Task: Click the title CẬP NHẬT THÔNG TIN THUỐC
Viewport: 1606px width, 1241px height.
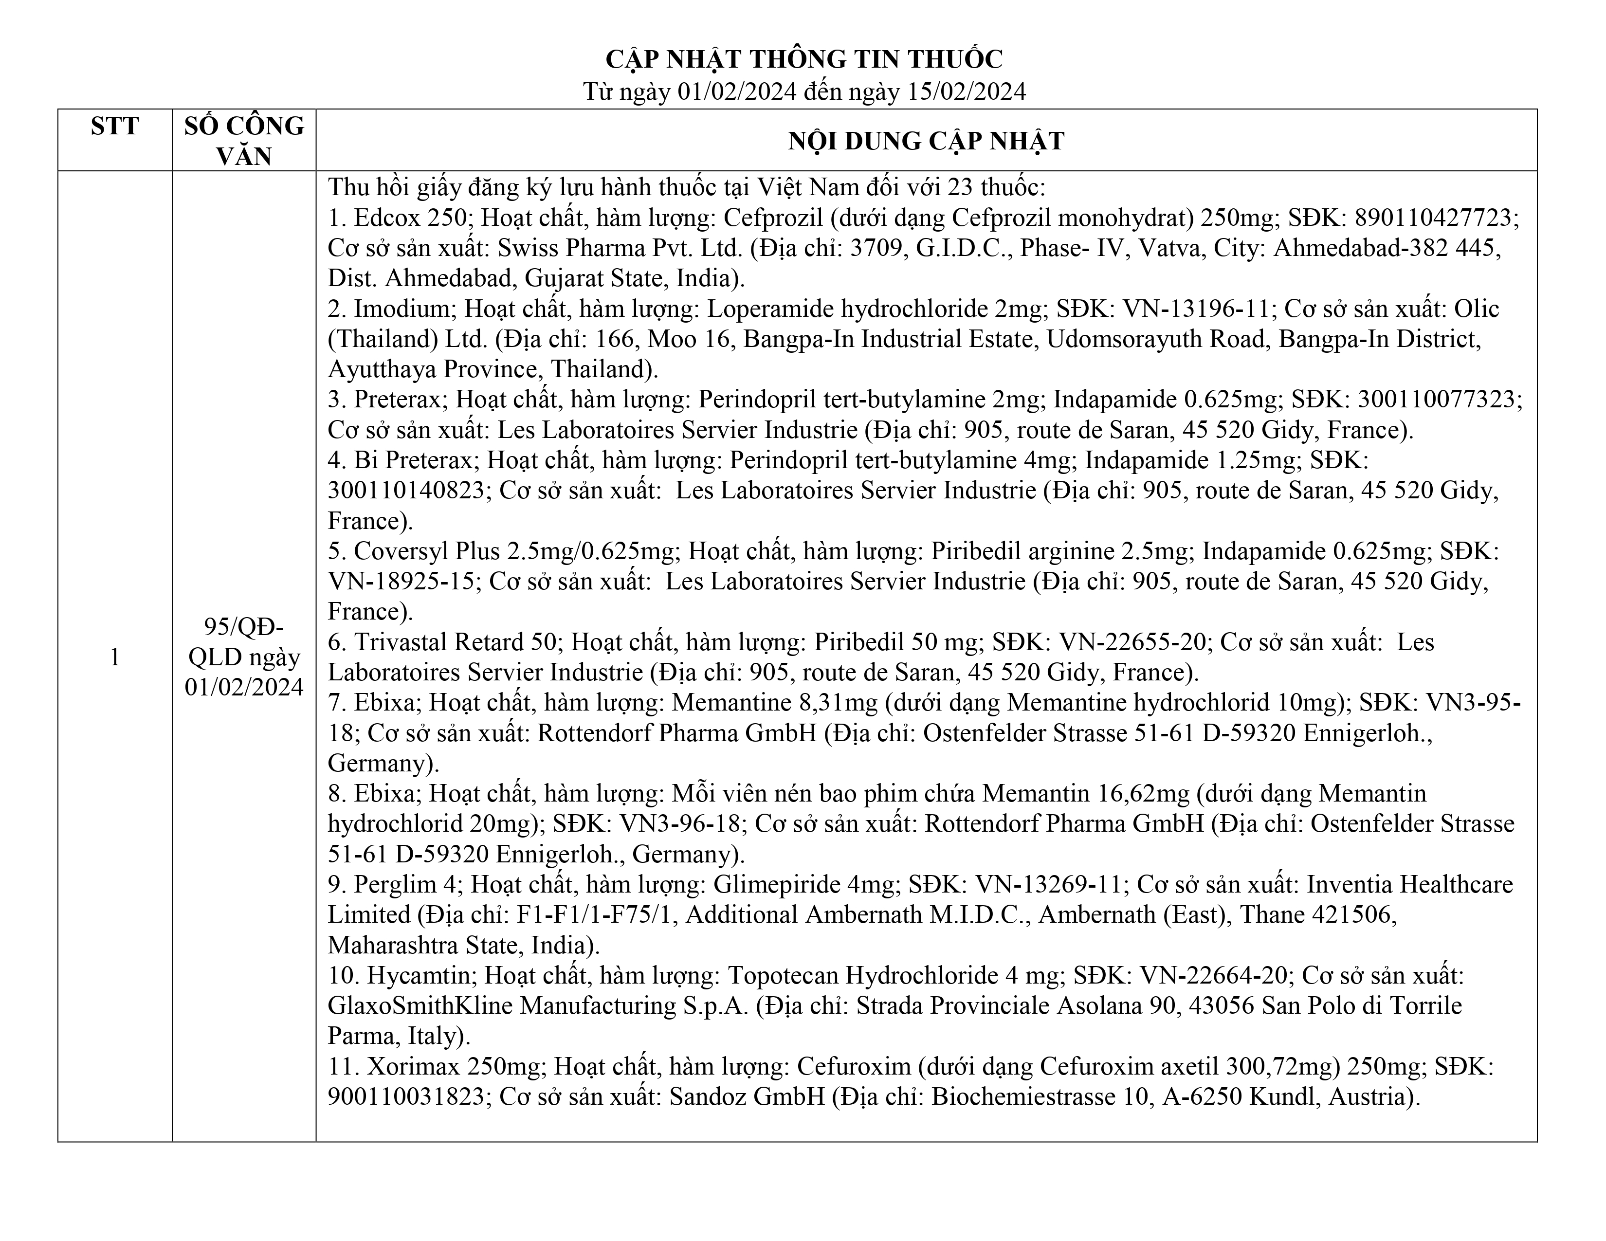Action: coord(804,59)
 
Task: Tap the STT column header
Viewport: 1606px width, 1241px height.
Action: coord(115,127)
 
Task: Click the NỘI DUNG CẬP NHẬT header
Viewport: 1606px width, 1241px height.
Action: coord(926,141)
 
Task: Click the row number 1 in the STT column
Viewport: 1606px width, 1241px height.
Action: coord(115,657)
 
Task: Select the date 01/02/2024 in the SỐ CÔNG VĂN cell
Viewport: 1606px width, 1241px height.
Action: coord(244,687)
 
